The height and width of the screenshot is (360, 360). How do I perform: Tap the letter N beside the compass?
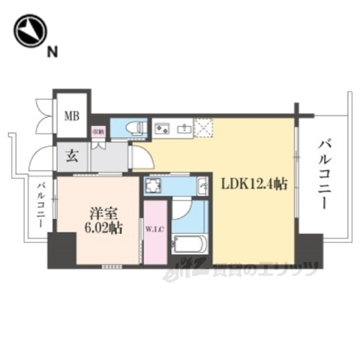click(52, 52)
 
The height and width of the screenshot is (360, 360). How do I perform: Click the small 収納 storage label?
click(97, 132)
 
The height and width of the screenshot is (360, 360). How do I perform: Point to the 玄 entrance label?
click(72, 157)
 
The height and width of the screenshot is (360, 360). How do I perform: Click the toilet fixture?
click(133, 128)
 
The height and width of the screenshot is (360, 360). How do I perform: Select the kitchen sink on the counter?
click(181, 128)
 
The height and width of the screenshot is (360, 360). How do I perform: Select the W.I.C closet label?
click(155, 229)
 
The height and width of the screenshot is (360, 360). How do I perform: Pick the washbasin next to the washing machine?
click(202, 186)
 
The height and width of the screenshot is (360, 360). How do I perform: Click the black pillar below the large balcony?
click(307, 249)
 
